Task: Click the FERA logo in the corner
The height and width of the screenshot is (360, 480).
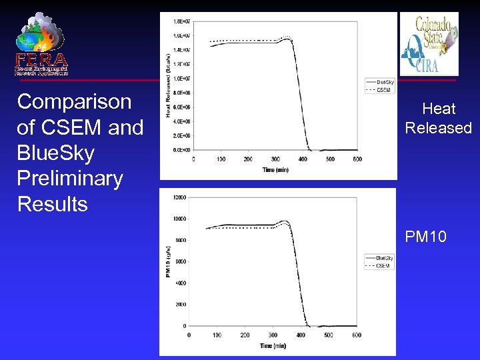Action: (x=41, y=44)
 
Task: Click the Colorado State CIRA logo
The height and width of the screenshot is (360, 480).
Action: (x=429, y=44)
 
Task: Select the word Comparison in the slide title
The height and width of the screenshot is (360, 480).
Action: (x=74, y=102)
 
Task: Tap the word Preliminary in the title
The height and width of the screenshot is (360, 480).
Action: (x=70, y=178)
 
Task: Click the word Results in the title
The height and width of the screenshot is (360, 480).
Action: (x=52, y=203)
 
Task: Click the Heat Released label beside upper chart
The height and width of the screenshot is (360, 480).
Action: (x=438, y=118)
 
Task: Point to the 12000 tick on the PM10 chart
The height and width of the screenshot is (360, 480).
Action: (x=178, y=197)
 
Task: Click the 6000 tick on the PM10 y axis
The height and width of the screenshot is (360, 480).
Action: (x=180, y=262)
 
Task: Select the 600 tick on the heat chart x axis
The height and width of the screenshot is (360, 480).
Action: (x=357, y=159)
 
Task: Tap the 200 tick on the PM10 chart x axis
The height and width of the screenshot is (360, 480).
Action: (x=245, y=335)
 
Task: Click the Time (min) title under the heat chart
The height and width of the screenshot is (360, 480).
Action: (x=275, y=170)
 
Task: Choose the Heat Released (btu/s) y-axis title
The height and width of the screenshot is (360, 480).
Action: (x=169, y=83)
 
